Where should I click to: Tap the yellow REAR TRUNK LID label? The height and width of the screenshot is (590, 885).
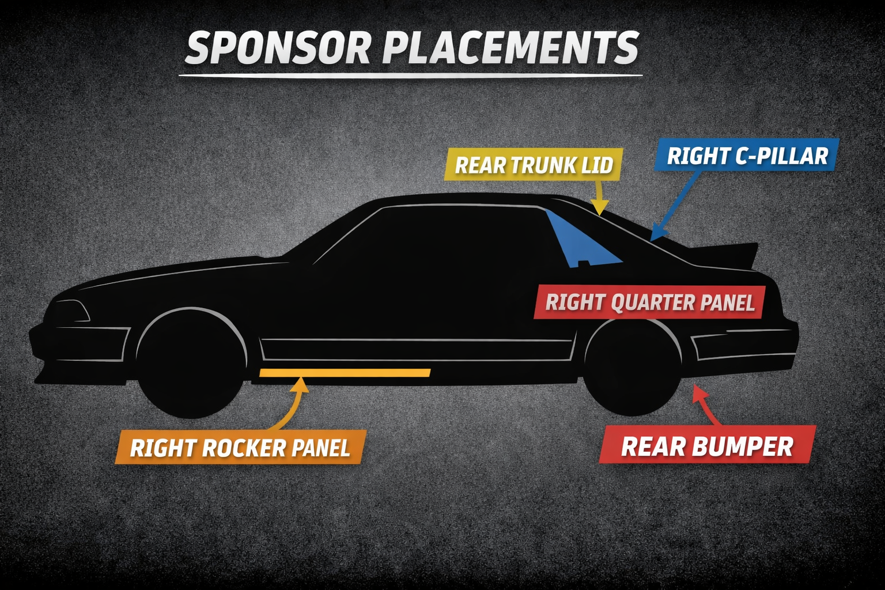pos(534,165)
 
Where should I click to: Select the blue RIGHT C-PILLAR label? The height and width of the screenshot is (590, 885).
pos(747,156)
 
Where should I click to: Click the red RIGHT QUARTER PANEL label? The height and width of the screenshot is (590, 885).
pos(650,302)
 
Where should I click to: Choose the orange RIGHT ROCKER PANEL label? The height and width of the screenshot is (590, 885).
pos(240,448)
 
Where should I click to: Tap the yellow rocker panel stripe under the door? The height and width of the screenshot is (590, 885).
pos(345,373)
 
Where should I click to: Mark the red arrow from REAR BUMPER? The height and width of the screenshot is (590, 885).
pos(706,406)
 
